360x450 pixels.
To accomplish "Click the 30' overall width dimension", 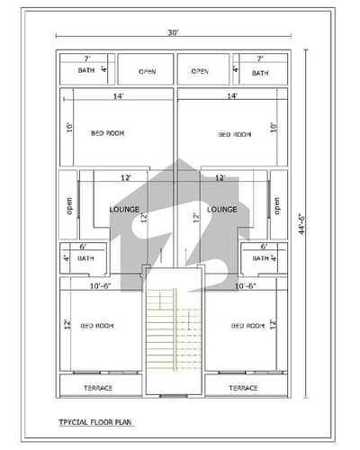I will click(172, 32).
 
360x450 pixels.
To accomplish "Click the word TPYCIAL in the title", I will click(75, 419).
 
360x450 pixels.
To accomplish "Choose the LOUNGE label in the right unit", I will click(221, 209).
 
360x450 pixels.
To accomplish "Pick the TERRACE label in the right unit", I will click(243, 387).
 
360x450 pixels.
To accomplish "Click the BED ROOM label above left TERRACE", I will click(97, 325).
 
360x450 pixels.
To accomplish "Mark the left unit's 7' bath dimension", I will click(85, 58).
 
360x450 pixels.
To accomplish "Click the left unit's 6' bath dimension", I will click(83, 247).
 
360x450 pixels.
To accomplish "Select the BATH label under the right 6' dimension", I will click(261, 258).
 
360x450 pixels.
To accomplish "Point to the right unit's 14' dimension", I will click(232, 95).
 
